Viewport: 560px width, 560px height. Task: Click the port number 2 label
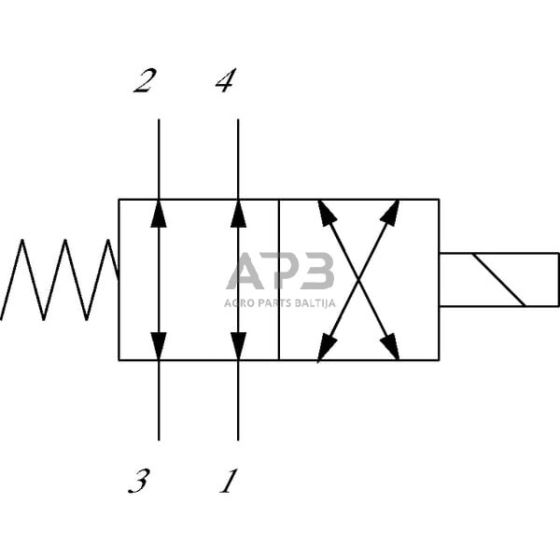coord(144,82)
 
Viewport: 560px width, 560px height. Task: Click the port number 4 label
coord(225,82)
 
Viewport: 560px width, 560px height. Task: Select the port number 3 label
coord(138,482)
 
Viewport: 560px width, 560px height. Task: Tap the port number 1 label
coord(228,482)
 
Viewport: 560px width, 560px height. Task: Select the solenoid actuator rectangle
coord(498,279)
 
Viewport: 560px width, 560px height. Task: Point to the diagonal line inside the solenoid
coord(498,279)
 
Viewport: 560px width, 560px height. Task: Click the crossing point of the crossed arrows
coord(358,279)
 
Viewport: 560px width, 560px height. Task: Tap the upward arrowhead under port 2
coord(159,214)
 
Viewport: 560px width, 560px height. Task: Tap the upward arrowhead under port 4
coord(238,214)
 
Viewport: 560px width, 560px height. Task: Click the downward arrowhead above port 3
coord(159,345)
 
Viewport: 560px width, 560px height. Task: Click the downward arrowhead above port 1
coord(238,345)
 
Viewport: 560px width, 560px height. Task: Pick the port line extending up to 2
coord(159,159)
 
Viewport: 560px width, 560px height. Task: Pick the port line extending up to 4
coord(238,159)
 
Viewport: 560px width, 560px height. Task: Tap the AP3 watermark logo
coord(280,272)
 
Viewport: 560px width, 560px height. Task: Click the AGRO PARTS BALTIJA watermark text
coord(280,302)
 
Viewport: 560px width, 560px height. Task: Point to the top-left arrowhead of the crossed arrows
coord(326,212)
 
